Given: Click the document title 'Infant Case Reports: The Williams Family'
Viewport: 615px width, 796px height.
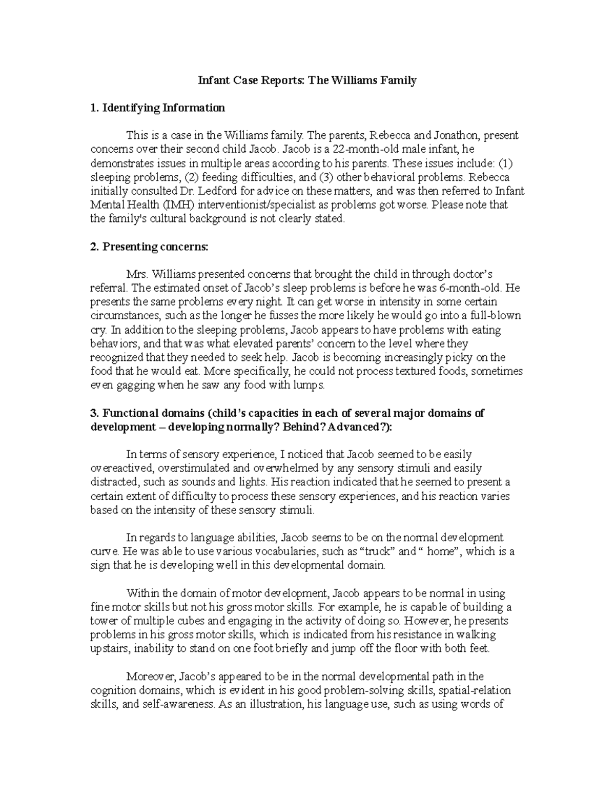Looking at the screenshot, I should coord(307,80).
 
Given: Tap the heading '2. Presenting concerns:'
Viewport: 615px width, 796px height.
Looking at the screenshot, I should coord(149,247).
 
